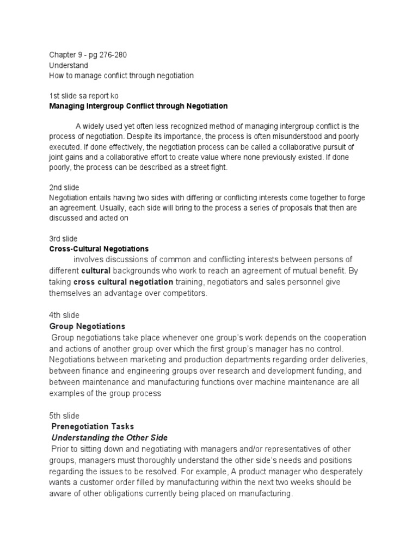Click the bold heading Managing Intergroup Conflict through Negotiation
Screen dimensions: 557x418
[x=138, y=106]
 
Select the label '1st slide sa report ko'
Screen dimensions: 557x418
[x=83, y=96]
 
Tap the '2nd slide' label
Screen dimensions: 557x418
[x=64, y=187]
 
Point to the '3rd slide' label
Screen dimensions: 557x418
[x=64, y=238]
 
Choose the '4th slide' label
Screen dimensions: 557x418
[x=64, y=315]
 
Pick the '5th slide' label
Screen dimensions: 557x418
[x=64, y=416]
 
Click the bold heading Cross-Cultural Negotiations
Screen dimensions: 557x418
[x=99, y=249]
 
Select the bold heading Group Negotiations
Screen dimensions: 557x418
[x=87, y=326]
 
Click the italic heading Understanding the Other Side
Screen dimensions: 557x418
[x=109, y=437]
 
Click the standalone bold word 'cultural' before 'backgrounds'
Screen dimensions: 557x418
[x=96, y=270]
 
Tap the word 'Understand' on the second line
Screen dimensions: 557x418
[x=68, y=65]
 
